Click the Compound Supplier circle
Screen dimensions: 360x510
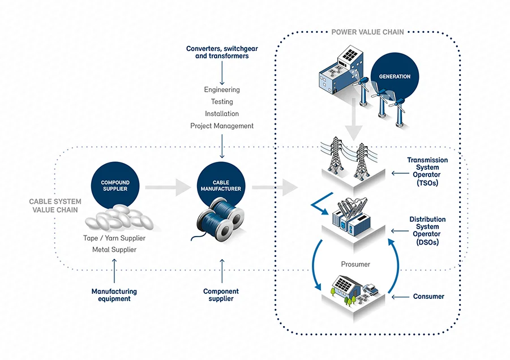115,186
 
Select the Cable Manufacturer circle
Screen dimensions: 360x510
222,186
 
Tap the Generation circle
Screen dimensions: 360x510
395,76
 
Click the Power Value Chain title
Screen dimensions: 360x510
368,32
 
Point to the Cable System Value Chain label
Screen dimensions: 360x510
55,205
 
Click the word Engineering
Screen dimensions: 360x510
222,89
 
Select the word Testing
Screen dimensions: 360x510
222,102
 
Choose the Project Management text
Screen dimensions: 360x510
222,126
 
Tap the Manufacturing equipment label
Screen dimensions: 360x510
114,295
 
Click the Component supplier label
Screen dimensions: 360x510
221,295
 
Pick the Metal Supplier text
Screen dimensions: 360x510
114,250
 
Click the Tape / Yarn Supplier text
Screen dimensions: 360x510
114,238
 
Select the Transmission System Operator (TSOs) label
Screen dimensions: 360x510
427,172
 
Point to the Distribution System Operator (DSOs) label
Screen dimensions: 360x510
427,230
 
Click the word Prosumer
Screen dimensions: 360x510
355,264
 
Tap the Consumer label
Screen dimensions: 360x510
428,296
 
